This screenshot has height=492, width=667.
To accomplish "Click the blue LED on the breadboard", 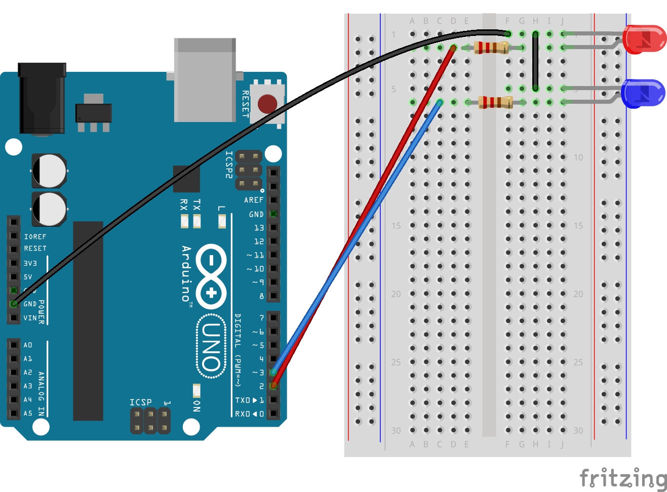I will (x=643, y=93).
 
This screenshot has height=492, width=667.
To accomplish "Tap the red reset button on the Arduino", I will (x=267, y=103).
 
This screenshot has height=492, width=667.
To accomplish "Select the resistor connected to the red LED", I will (x=491, y=48).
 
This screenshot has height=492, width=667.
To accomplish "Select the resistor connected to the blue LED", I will (x=495, y=102).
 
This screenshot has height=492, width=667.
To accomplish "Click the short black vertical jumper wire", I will (x=535, y=61).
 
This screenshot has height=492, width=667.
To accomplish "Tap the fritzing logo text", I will (x=623, y=478).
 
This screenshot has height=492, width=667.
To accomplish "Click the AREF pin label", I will (x=253, y=200).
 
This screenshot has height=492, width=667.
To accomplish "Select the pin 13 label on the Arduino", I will (x=259, y=228).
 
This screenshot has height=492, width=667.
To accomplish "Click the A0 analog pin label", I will (x=28, y=345).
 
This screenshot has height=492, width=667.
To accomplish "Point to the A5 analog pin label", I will (x=28, y=413).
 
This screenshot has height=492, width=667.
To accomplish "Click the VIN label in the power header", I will (x=30, y=318).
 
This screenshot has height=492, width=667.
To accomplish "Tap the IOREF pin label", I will (x=35, y=236).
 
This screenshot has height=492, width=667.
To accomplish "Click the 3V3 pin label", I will (x=30, y=263).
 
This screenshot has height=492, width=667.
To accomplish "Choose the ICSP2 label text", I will (x=229, y=165).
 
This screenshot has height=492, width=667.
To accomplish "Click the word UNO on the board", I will (x=211, y=346).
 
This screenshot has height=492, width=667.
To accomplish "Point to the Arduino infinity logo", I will (x=211, y=276).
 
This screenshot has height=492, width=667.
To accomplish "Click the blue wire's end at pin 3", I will (x=273, y=372).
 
